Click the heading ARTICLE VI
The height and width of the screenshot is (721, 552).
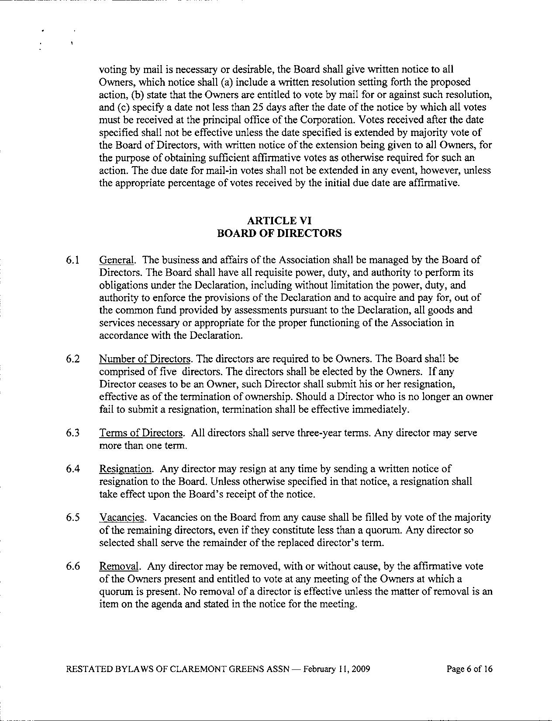coord(279,220)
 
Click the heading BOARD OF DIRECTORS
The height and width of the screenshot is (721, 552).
coord(279,233)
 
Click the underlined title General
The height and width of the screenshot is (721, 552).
coord(116,260)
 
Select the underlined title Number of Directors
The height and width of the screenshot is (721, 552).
coord(145,359)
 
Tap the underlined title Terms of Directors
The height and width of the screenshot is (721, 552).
coord(141,433)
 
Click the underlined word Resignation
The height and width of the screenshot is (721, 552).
coord(125,469)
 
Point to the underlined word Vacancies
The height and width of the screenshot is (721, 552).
coord(121,518)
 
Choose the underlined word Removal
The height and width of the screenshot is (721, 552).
coord(119,567)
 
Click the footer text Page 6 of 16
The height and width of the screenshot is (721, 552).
coord(469,669)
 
